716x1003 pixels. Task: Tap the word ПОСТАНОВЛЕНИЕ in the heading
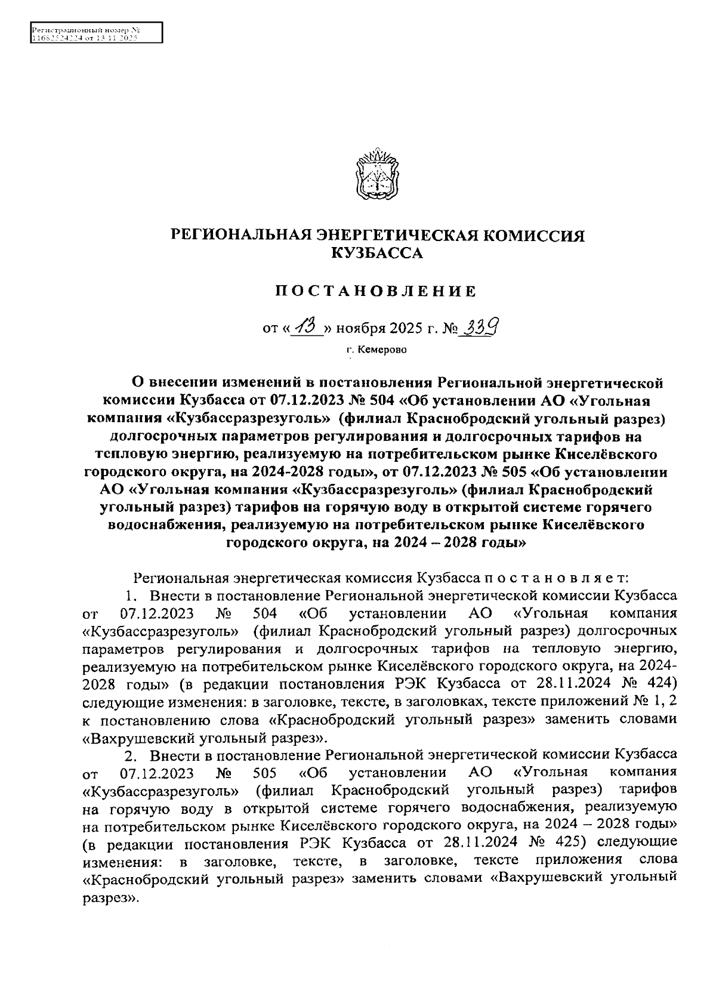click(x=376, y=291)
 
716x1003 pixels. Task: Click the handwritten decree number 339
click(x=480, y=326)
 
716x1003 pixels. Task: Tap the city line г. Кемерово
click(x=376, y=350)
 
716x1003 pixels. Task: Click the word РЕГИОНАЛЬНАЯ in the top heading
click(x=236, y=236)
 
